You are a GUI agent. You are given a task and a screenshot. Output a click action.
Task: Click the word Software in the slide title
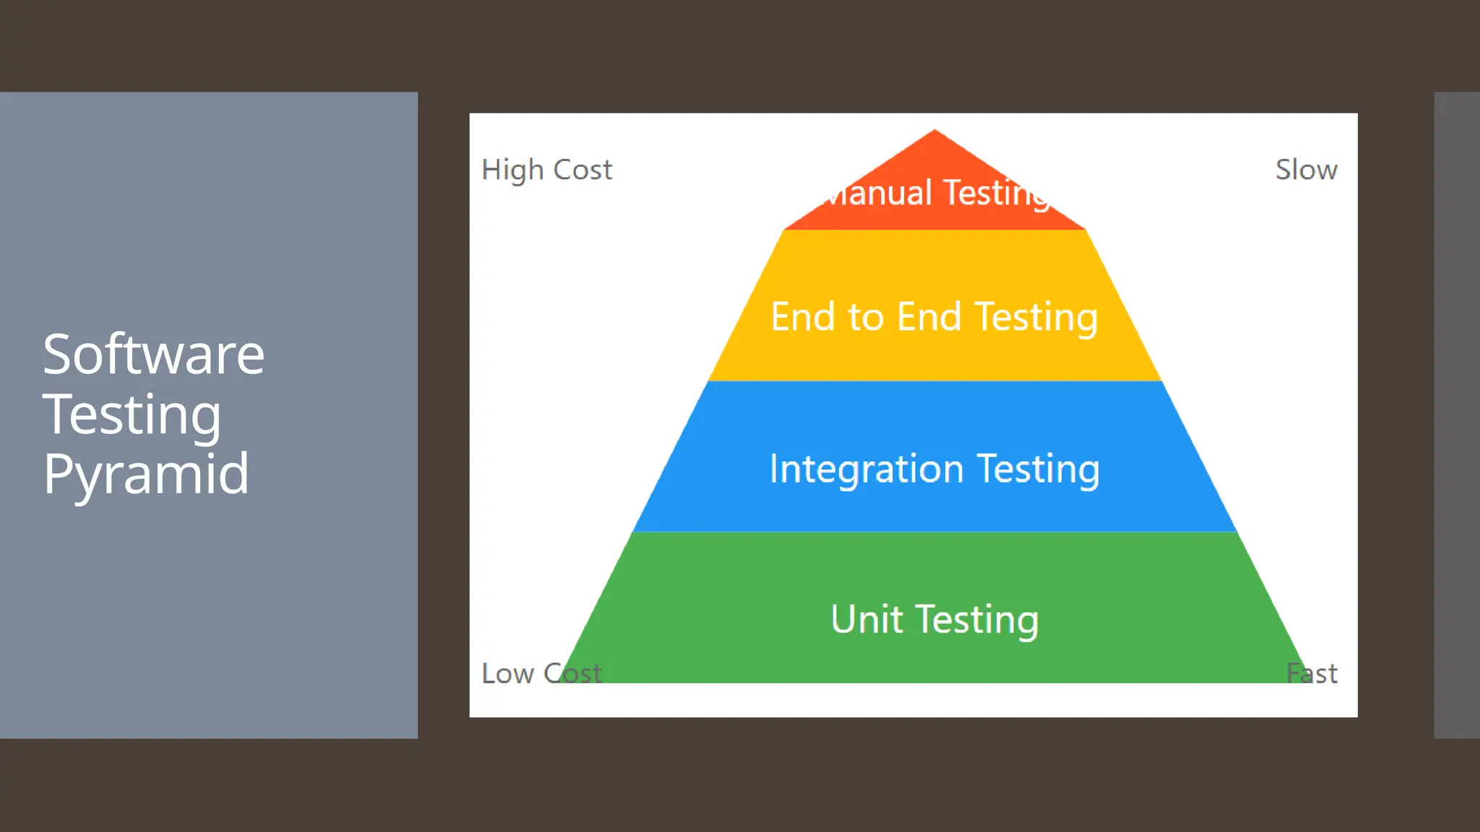click(x=153, y=355)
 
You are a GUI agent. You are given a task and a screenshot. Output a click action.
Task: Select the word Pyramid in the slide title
click(x=146, y=474)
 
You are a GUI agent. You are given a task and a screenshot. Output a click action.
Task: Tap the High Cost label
click(x=546, y=170)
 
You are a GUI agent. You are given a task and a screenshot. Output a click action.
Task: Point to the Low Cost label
click(x=541, y=673)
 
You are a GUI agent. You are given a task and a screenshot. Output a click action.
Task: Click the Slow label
click(x=1306, y=170)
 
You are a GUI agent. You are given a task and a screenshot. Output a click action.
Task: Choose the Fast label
click(x=1312, y=673)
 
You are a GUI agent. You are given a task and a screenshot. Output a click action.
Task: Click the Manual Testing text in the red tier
click(x=935, y=194)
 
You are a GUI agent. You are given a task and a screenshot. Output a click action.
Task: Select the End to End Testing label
click(x=934, y=317)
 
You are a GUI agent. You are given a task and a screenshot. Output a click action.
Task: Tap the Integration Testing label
click(x=934, y=469)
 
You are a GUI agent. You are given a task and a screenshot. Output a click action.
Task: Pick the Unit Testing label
click(x=934, y=619)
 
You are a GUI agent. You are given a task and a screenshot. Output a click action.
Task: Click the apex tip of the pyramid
click(x=934, y=131)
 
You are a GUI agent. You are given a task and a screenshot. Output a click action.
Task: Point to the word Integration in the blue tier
click(x=866, y=469)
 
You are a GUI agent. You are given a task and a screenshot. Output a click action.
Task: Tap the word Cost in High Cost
click(x=582, y=170)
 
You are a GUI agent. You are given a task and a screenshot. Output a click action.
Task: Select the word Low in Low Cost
click(x=507, y=673)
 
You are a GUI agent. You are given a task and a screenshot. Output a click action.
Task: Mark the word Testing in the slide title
click(x=132, y=415)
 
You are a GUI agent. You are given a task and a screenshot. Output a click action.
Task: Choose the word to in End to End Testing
click(x=866, y=317)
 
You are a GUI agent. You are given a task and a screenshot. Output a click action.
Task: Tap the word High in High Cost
click(x=512, y=170)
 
